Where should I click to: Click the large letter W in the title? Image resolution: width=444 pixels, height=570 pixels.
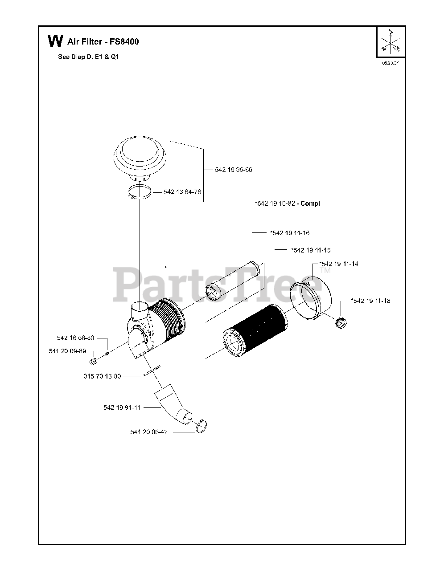click(x=55, y=41)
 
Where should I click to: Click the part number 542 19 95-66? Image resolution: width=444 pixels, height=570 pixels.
click(x=233, y=170)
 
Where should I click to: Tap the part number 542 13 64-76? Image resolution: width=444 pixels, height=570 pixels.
click(x=182, y=192)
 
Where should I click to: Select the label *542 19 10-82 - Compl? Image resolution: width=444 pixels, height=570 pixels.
click(x=287, y=204)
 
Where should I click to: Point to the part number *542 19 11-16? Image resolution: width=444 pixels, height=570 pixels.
click(x=290, y=233)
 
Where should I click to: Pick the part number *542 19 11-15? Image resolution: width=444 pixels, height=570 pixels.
click(x=311, y=250)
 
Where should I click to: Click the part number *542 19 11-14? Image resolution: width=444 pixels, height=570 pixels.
click(x=338, y=264)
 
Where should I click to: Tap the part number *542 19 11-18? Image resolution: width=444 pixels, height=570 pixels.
click(x=370, y=301)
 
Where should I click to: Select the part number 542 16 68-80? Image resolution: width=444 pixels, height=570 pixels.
click(x=75, y=338)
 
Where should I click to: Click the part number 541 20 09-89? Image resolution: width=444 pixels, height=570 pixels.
click(x=67, y=351)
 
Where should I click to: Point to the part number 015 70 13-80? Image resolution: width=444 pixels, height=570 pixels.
click(x=102, y=376)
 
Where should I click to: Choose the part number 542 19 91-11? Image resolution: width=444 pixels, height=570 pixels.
click(x=122, y=407)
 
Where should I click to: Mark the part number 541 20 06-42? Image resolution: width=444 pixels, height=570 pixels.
click(x=149, y=432)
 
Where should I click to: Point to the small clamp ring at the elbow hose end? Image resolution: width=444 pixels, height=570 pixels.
click(x=201, y=426)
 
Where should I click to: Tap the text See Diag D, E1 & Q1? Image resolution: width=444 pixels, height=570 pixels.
click(x=89, y=57)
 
